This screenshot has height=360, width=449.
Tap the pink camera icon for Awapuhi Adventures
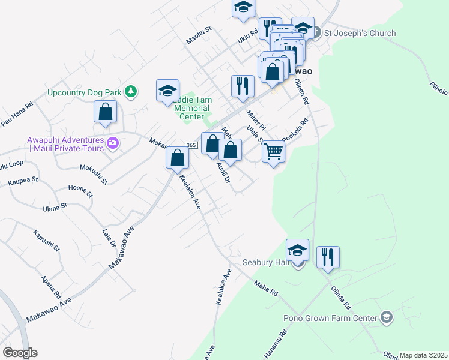pos(113,143)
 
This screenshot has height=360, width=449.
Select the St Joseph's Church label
pos(359,33)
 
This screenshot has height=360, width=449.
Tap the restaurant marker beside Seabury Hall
pos(328,257)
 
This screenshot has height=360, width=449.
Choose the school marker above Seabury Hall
pos(297,250)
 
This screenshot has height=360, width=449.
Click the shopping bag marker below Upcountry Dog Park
pos(105,112)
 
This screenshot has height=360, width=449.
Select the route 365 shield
pos(191,145)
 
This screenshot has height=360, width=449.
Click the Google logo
pos(20,353)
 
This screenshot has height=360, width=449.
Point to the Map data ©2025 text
pos(423,355)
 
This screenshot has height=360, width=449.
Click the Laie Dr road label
pos(109,236)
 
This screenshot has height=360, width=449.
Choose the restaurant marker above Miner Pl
pos(243,86)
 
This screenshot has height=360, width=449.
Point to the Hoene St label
pos(80,191)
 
